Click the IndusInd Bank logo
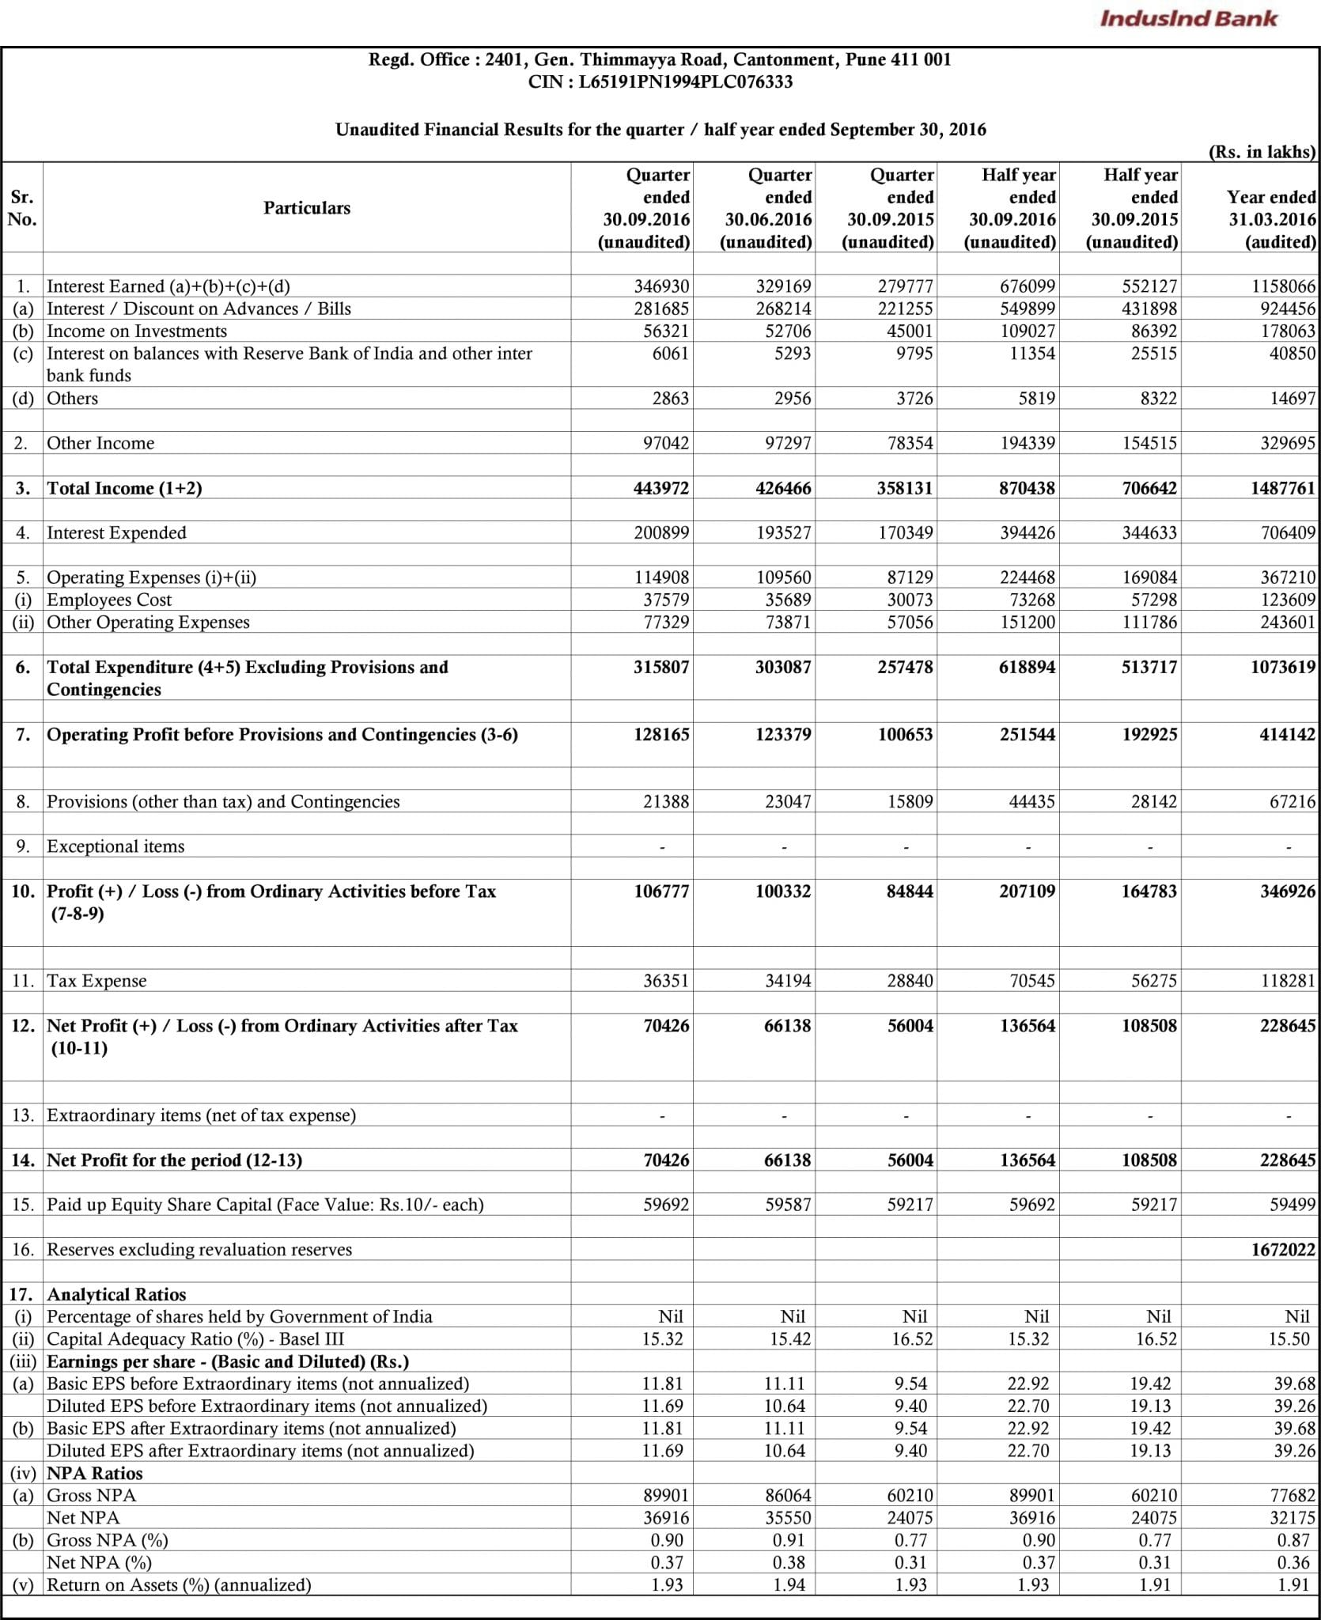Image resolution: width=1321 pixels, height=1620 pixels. coord(1187,18)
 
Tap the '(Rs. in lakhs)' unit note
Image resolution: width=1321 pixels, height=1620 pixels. coord(1262,152)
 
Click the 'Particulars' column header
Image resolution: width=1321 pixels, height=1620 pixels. coord(307,208)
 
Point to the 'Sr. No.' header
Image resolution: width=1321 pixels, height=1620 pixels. coord(22,208)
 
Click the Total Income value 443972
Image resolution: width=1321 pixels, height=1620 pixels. coord(661,488)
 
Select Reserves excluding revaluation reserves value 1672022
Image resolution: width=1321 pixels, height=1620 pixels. coord(1283,1250)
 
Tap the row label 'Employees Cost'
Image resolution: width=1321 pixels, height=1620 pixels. coord(109,600)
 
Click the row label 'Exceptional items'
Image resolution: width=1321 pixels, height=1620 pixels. coord(115,846)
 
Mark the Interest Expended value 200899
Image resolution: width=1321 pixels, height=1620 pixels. coord(661,533)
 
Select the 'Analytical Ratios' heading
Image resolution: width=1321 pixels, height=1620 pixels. coord(116,1295)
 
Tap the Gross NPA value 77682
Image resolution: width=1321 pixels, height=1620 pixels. coord(1289,1496)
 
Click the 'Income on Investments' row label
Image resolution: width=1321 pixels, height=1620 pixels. coord(137,331)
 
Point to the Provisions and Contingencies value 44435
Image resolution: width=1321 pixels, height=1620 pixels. coord(1027,802)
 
